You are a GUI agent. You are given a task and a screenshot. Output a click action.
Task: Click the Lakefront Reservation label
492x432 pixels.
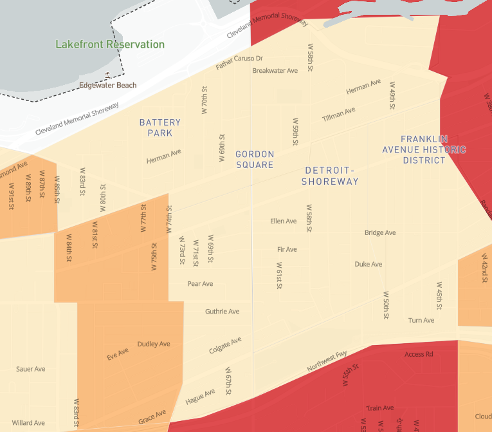click(110, 44)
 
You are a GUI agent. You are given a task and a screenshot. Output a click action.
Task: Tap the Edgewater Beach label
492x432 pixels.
click(108, 85)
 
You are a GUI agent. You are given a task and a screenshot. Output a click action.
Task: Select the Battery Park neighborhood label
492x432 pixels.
click(160, 127)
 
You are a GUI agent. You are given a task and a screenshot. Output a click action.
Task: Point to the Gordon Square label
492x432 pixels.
click(255, 159)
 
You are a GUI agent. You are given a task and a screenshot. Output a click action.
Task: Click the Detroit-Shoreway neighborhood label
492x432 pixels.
click(331, 176)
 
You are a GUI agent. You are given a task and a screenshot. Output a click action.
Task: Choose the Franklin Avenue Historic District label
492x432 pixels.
click(424, 149)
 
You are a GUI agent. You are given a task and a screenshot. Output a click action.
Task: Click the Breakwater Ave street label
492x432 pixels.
click(275, 70)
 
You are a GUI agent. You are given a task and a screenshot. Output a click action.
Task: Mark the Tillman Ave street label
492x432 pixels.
click(338, 115)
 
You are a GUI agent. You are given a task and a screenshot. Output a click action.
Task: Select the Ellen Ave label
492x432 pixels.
click(284, 221)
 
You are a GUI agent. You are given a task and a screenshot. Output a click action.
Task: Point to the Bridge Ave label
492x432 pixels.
click(380, 232)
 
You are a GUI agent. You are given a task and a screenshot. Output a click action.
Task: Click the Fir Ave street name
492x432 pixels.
click(287, 249)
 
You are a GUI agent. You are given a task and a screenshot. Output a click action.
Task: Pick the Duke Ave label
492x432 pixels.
click(369, 264)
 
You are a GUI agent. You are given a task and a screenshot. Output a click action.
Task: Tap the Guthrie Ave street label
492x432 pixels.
click(222, 312)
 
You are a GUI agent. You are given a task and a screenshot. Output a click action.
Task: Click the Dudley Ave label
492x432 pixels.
click(154, 344)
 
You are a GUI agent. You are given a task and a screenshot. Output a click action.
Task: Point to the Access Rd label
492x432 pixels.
click(419, 354)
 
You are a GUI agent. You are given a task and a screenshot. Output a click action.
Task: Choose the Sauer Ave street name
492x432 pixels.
click(30, 369)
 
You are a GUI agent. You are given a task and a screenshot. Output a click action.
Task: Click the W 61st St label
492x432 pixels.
click(279, 276)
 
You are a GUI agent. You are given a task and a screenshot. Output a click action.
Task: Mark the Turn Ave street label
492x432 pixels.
click(421, 320)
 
